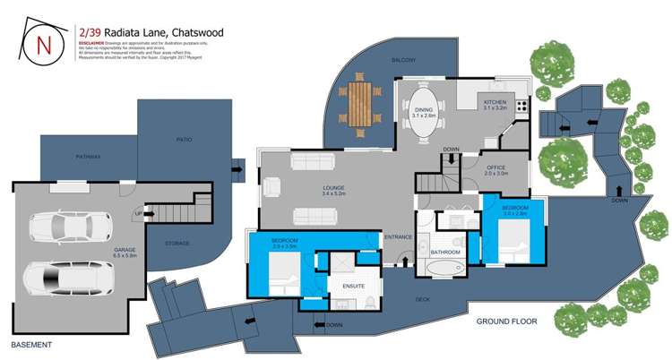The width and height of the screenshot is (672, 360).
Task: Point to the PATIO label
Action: (x=185, y=140)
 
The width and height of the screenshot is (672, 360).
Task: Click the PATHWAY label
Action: (x=89, y=157)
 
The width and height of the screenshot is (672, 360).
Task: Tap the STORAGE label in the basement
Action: (x=177, y=243)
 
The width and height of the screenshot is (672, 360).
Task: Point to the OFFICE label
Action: (x=495, y=167)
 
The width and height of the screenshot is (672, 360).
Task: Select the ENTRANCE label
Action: (x=397, y=236)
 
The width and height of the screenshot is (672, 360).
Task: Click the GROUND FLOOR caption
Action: (x=506, y=321)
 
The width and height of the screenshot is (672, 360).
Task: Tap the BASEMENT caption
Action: (x=31, y=345)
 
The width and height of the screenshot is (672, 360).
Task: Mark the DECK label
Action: (x=422, y=300)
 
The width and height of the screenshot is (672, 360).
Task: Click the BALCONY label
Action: (x=402, y=60)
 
